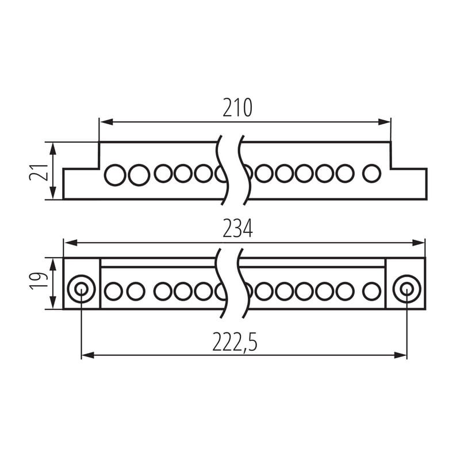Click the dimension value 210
coord(237,108)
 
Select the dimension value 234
coord(237,229)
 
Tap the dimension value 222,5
coord(235,342)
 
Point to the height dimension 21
coord(39,172)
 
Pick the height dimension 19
coord(39,281)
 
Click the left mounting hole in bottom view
coord(81,289)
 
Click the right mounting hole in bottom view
coord(407,289)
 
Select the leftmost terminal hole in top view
coord(115,175)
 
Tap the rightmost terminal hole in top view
coord(371,174)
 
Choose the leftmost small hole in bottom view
coord(113,292)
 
